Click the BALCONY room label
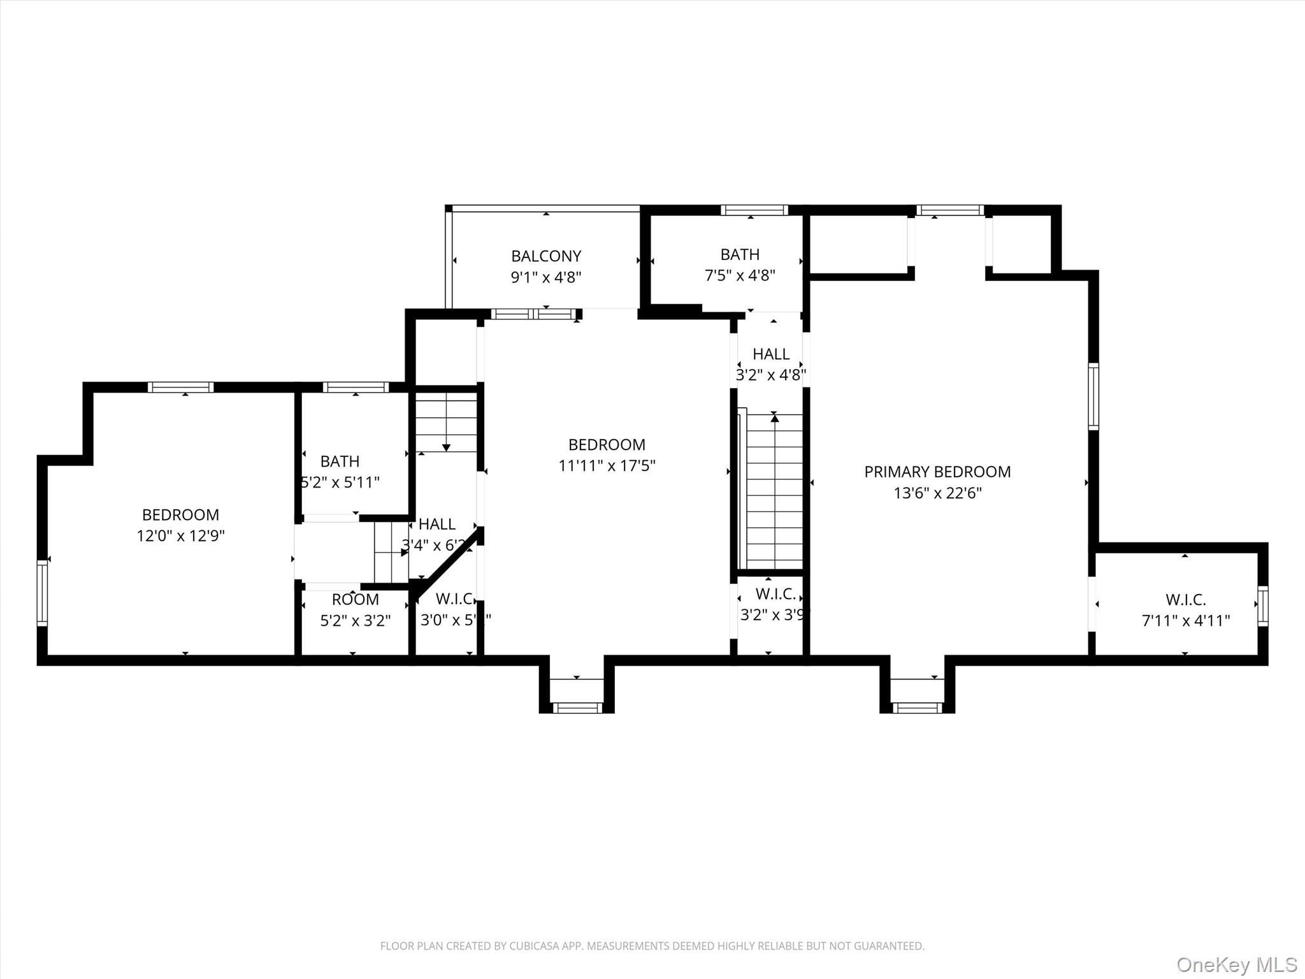(546, 256)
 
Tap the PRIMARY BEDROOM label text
(937, 472)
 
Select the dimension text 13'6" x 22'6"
(937, 493)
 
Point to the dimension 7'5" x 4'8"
(740, 275)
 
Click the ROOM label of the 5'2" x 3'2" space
(355, 599)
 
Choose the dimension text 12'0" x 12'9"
(180, 535)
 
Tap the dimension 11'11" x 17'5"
(607, 465)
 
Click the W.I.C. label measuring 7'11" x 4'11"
(1185, 599)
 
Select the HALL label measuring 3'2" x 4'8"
(770, 354)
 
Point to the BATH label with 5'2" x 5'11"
(340, 461)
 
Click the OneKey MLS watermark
(1236, 964)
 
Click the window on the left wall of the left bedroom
(42, 593)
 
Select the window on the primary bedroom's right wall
(1093, 396)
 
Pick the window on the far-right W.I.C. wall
(1262, 606)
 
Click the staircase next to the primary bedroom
(774, 491)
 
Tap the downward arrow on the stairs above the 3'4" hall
(446, 447)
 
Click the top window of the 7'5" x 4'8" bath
(754, 210)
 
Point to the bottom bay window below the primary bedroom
(917, 707)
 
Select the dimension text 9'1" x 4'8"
(546, 277)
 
